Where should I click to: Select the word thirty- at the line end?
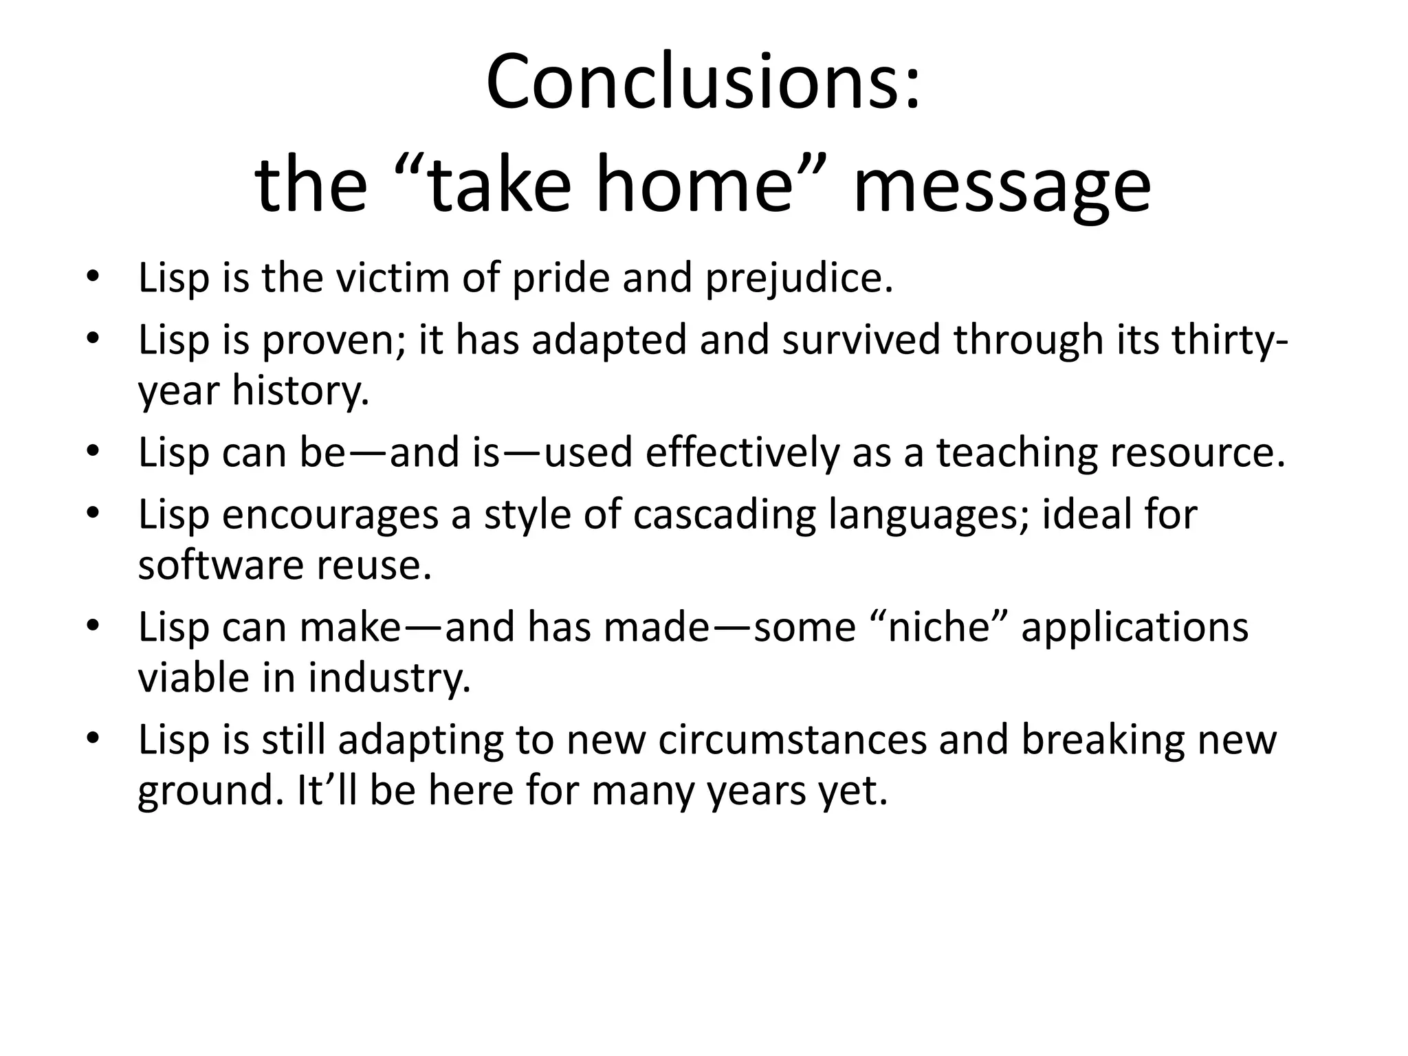click(1227, 340)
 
